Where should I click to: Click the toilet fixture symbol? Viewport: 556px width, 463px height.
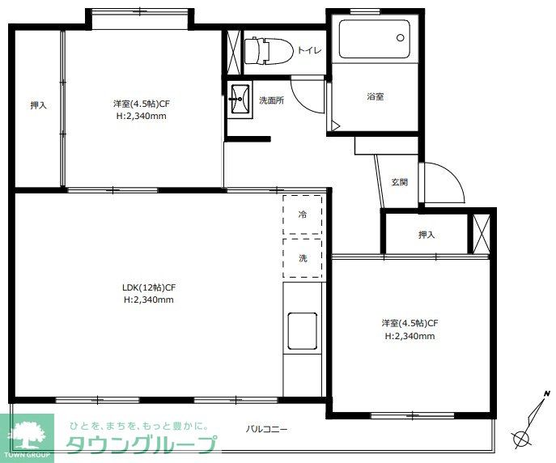[269, 52]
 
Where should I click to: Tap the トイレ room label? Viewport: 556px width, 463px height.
[309, 50]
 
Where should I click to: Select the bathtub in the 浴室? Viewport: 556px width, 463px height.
[375, 39]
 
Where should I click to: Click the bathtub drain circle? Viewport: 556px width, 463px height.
[401, 37]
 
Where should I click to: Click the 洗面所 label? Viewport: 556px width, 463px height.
[271, 100]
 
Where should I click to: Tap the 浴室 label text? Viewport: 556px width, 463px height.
[376, 96]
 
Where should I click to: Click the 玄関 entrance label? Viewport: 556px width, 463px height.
[399, 182]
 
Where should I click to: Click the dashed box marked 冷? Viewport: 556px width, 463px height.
[303, 215]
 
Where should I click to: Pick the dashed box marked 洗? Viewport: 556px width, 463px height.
[303, 258]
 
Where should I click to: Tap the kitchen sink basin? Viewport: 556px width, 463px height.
[303, 331]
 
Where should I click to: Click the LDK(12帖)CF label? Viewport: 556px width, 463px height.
[149, 287]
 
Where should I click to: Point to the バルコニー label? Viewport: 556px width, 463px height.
[266, 429]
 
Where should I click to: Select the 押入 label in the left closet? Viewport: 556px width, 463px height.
[38, 105]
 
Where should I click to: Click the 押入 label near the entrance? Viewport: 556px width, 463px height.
[427, 235]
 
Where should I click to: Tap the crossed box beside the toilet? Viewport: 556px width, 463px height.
[233, 52]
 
